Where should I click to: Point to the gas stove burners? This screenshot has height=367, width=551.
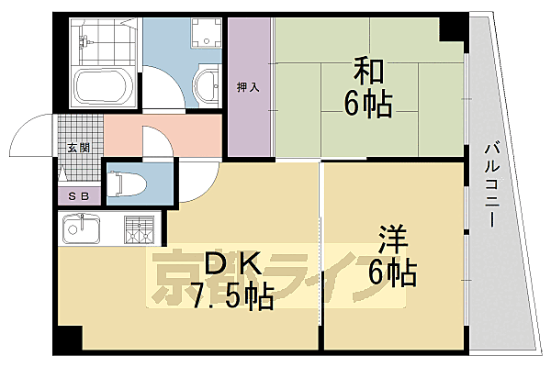coord(138,228)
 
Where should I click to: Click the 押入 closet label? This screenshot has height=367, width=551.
coord(249,87)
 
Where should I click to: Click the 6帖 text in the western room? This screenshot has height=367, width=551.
coord(392,273)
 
